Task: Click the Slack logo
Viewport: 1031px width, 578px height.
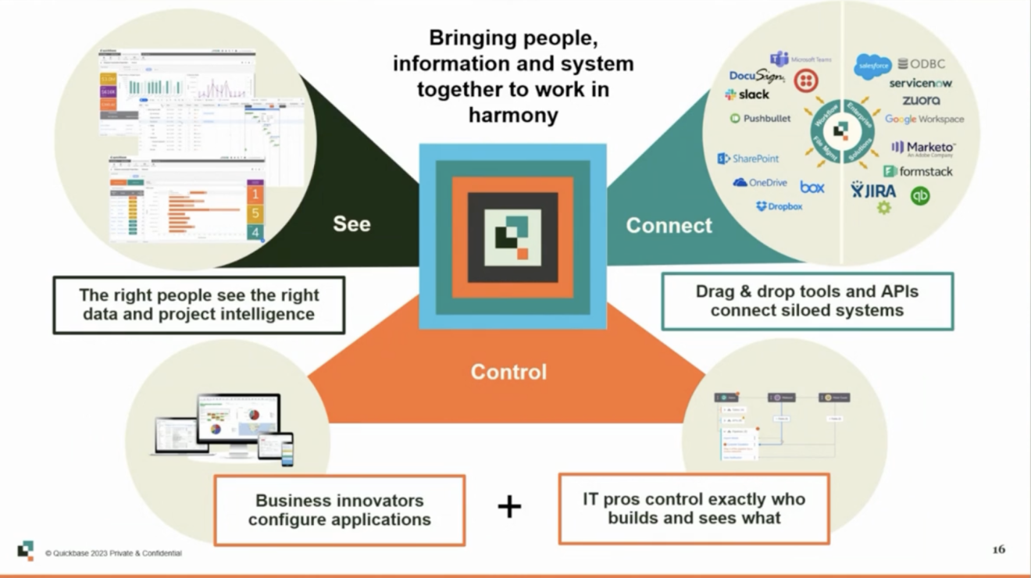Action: click(747, 95)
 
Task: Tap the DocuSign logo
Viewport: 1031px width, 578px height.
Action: click(756, 76)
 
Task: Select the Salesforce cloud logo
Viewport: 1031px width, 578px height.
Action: click(872, 66)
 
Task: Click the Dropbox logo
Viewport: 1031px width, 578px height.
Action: click(779, 207)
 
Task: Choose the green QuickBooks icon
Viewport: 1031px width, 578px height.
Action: click(920, 196)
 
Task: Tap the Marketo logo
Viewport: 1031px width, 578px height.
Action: click(923, 148)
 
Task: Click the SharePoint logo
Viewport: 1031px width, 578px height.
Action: click(748, 159)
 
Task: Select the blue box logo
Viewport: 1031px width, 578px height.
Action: click(812, 187)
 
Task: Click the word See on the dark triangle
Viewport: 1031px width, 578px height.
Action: click(351, 224)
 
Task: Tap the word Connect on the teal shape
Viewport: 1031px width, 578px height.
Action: click(669, 226)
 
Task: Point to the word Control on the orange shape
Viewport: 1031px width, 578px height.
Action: click(508, 372)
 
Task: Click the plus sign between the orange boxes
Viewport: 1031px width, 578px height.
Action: click(509, 507)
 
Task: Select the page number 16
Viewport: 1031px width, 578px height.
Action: click(998, 550)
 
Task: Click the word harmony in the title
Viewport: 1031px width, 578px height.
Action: click(513, 116)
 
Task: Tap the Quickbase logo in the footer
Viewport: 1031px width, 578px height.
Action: click(26, 551)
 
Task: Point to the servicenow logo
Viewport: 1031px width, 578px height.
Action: click(920, 84)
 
